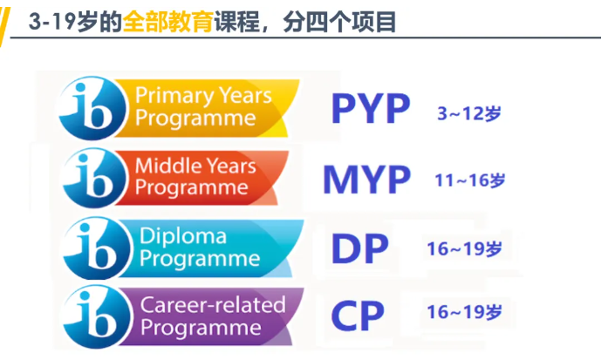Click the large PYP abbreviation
(371, 108)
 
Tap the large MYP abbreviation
(366, 180)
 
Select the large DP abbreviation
(359, 248)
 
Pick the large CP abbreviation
(358, 316)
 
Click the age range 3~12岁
(469, 113)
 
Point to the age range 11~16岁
(470, 180)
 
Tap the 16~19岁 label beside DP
(465, 248)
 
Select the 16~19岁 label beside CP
(465, 312)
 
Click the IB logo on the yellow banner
(92, 108)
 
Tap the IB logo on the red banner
(95, 178)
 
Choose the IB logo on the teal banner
(97, 248)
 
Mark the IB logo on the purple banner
(97, 316)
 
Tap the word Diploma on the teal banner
(183, 236)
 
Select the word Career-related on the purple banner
(213, 305)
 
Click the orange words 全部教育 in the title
(167, 22)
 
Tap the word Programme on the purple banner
(201, 328)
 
